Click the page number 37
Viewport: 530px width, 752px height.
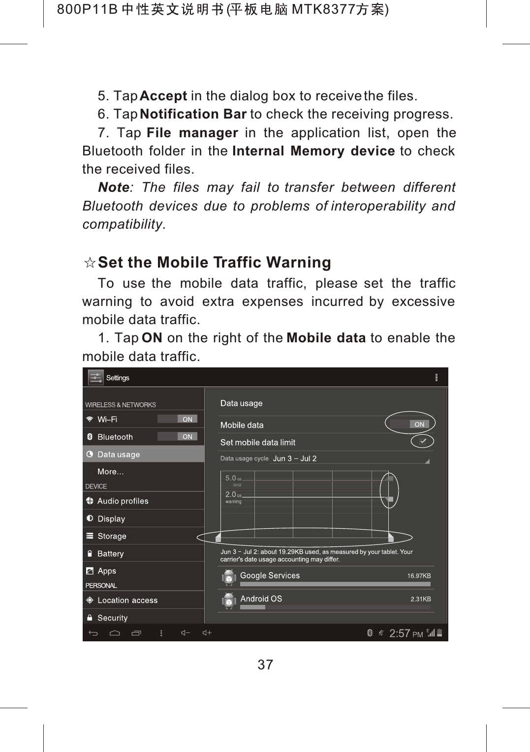pyautogui.click(x=265, y=665)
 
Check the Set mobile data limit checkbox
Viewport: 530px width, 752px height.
pyautogui.click(x=423, y=442)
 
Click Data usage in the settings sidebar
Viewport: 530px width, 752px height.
pyautogui.click(x=119, y=454)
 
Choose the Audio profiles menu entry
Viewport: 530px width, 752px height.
pyautogui.click(x=123, y=501)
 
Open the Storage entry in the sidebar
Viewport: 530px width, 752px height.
pyautogui.click(x=112, y=536)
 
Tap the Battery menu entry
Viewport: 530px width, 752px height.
pyautogui.click(x=110, y=554)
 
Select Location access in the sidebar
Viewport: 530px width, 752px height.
pyautogui.click(x=127, y=601)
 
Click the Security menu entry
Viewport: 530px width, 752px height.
pyautogui.click(x=112, y=618)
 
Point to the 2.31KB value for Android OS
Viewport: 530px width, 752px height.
pyautogui.click(x=420, y=599)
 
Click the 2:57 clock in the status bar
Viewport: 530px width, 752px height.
pyautogui.click(x=400, y=633)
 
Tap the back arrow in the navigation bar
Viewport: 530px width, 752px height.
pyautogui.click(x=93, y=633)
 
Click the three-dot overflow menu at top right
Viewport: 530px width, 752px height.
pyautogui.click(x=436, y=377)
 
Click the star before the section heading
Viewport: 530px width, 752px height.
pyautogui.click(x=90, y=263)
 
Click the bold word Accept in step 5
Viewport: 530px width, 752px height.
pyautogui.click(x=163, y=96)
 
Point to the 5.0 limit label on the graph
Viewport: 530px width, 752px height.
pyautogui.click(x=231, y=478)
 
